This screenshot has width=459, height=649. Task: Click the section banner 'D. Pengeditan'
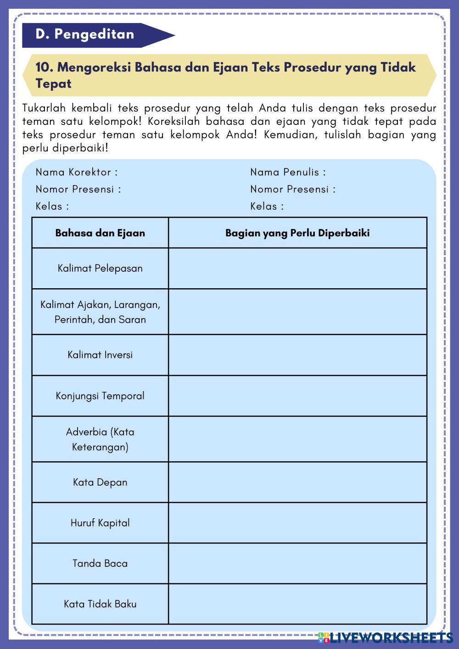point(85,34)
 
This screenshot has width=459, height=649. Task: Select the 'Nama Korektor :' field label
point(77,172)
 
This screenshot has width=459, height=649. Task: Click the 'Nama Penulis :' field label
point(288,172)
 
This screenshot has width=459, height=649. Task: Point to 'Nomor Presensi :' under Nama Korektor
point(78,189)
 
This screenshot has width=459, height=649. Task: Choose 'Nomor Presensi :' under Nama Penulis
point(293,189)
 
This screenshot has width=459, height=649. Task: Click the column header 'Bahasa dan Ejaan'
point(100,233)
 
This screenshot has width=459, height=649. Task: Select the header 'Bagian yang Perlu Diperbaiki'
point(297,233)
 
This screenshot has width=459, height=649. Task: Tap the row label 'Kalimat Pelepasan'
point(100,268)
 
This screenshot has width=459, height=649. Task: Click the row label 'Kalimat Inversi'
point(100,355)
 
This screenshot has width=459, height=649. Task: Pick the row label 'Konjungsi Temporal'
point(100,396)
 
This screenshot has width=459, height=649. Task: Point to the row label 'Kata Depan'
point(100,482)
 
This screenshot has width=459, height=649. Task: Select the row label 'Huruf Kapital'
point(100,523)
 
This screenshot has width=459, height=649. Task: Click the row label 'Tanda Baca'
point(100,563)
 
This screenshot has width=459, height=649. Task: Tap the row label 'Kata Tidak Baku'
point(100,604)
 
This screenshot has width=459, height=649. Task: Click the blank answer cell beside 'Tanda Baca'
point(297,563)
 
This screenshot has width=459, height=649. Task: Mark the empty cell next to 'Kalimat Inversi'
point(297,355)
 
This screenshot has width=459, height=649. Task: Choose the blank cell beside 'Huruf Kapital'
point(297,523)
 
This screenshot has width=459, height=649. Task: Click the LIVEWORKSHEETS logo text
point(390,638)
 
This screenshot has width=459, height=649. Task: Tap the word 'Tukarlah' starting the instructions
point(44,108)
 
